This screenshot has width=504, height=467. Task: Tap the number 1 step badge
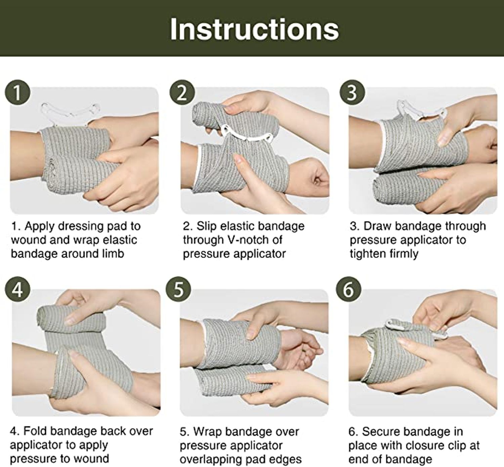click(x=17, y=92)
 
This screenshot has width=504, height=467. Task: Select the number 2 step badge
click(x=182, y=92)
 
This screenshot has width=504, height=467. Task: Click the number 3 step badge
click(x=352, y=92)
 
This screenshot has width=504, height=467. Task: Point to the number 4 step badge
click(x=17, y=289)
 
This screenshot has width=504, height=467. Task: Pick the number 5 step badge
click(x=178, y=289)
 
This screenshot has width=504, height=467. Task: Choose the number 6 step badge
click(x=349, y=289)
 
